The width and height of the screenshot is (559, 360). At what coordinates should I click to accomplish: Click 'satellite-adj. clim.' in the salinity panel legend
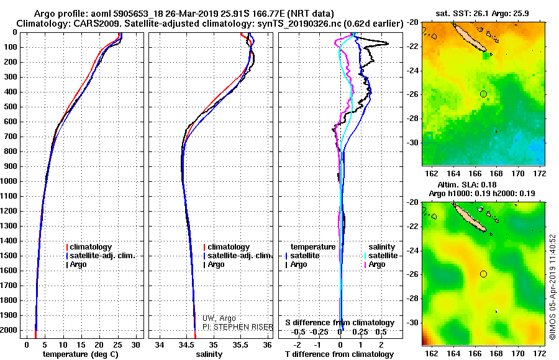click(240, 256)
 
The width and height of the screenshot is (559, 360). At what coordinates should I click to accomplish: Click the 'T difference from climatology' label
click(339, 354)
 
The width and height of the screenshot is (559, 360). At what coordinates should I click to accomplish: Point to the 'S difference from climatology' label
click(339, 323)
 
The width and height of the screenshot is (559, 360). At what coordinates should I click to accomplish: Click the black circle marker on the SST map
click(483, 94)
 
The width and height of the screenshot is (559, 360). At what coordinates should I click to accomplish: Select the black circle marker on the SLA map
click(483, 274)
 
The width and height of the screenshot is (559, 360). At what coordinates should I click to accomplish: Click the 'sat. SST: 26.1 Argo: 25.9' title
click(483, 12)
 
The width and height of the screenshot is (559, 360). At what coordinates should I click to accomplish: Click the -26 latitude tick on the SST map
click(414, 94)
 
